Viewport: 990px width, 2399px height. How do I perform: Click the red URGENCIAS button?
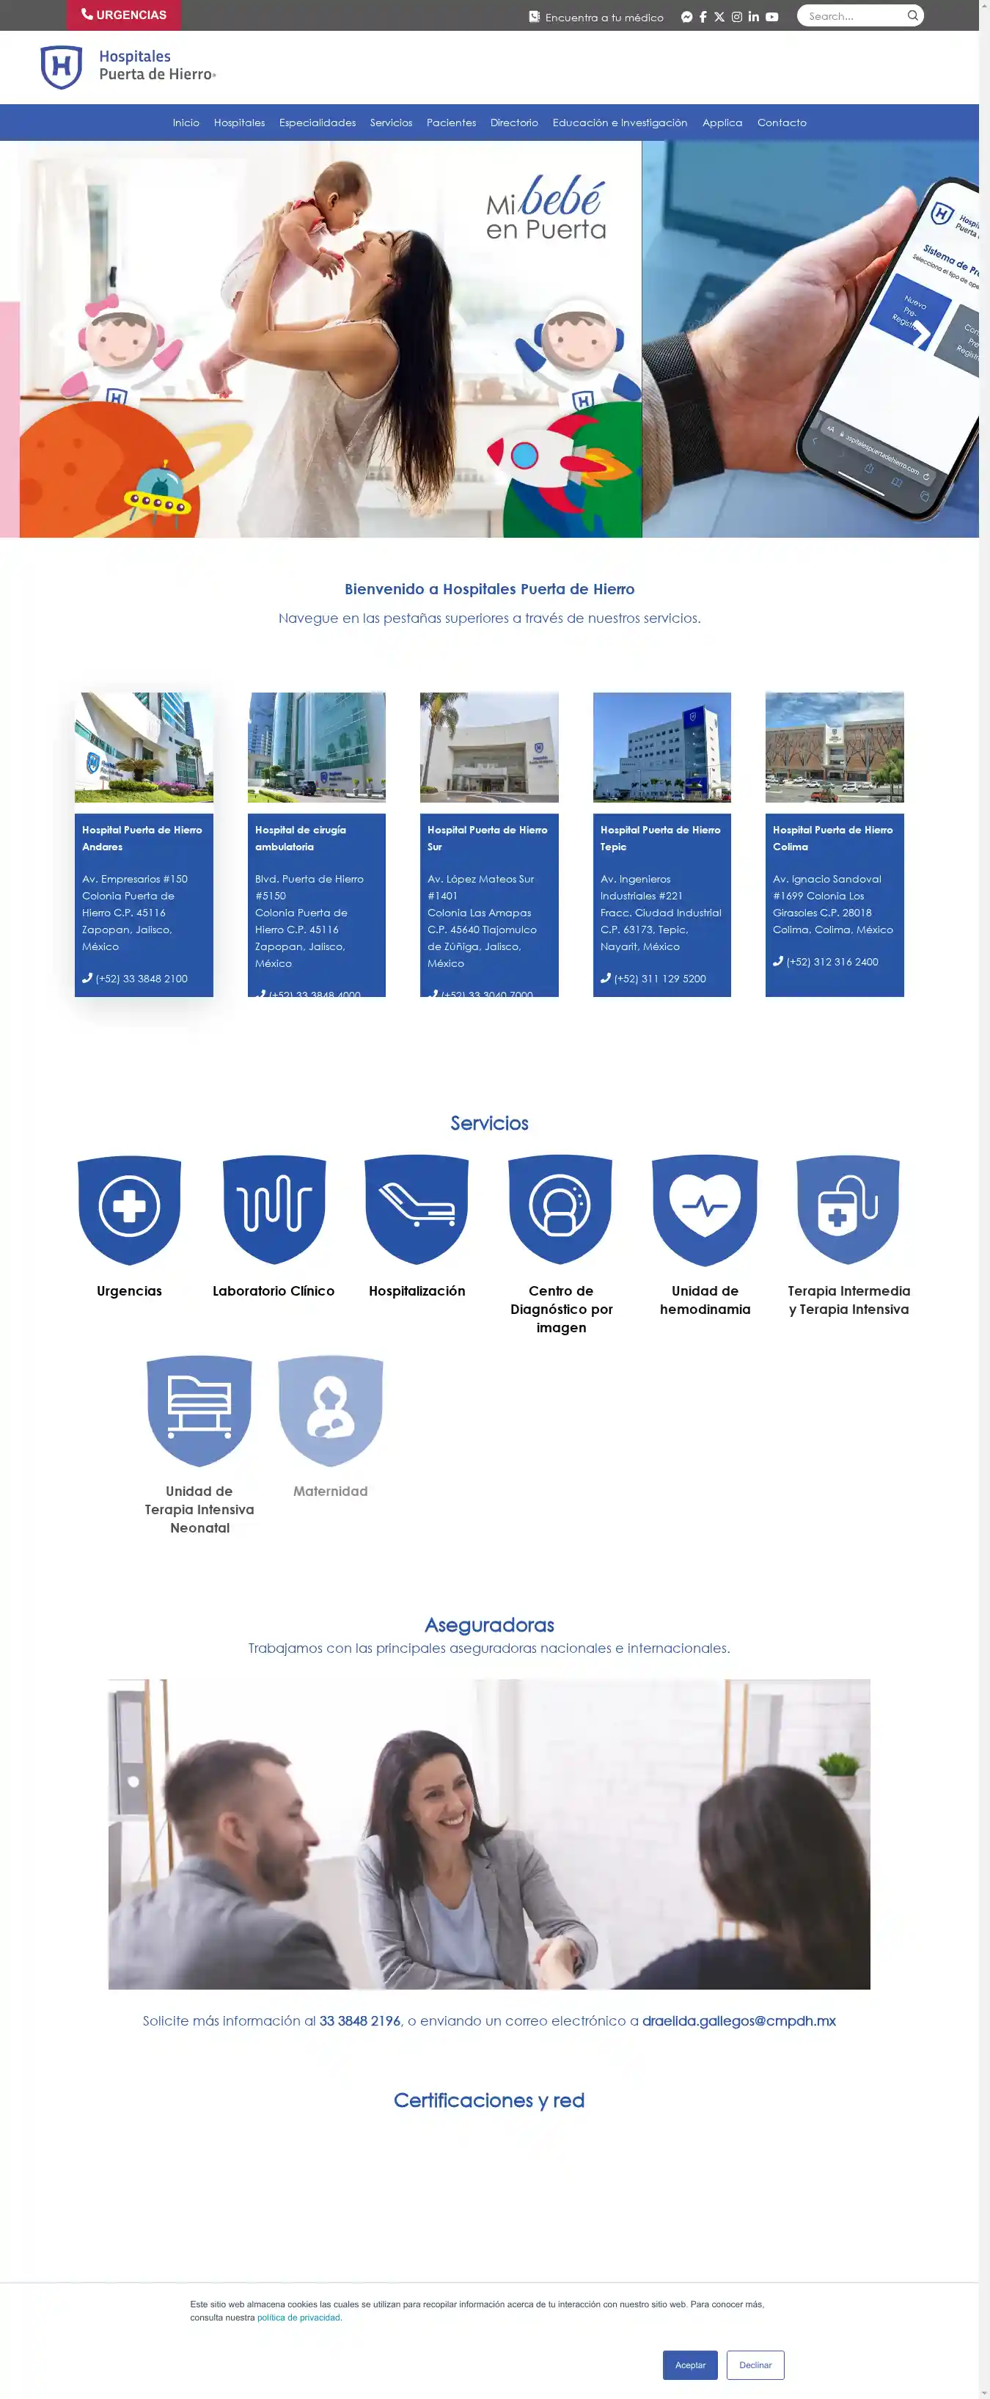point(124,15)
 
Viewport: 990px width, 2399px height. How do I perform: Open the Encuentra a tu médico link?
point(597,17)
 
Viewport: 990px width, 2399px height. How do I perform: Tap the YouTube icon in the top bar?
point(772,17)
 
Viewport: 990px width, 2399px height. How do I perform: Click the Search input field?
point(853,16)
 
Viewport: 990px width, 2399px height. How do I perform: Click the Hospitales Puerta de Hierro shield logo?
point(62,67)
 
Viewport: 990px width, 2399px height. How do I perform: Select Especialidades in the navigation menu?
point(318,123)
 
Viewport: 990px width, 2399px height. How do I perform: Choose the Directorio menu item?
point(514,123)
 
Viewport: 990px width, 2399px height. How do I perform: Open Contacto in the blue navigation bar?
point(782,123)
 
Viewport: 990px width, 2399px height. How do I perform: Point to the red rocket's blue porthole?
point(524,456)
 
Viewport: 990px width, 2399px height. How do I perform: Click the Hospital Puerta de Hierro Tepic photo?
point(661,747)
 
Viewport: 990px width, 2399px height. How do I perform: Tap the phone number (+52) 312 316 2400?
point(832,962)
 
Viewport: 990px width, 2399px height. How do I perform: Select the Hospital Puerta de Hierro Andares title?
point(142,838)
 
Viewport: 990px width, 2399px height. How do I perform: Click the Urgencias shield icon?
point(130,1208)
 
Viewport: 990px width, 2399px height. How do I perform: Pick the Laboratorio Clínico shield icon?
point(274,1208)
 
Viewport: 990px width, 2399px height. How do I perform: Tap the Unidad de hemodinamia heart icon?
point(705,1208)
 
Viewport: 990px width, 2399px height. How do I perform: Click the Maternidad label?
point(331,1491)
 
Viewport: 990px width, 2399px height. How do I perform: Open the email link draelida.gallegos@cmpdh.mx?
point(738,2021)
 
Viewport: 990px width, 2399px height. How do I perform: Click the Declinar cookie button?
point(755,2365)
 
